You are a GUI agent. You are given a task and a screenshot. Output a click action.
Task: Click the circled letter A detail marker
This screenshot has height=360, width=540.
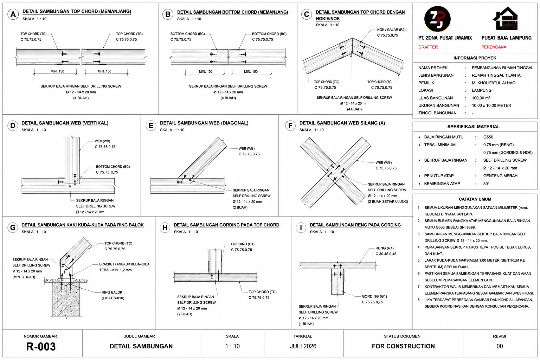[x=13, y=14]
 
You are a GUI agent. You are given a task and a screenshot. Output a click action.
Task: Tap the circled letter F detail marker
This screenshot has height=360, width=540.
[x=290, y=126]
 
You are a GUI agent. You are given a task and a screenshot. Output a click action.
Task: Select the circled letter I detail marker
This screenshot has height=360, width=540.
[x=301, y=227]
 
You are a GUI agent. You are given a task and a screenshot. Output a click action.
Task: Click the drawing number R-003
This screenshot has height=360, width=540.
[x=41, y=347]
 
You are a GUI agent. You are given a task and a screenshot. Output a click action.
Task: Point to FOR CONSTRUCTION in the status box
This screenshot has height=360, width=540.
[x=403, y=346]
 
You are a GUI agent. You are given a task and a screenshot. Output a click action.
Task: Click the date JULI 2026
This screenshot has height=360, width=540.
[x=303, y=346]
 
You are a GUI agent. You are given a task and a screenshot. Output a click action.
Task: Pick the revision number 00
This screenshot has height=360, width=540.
[x=500, y=346]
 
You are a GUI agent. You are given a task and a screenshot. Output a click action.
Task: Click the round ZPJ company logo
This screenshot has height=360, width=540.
[x=437, y=19]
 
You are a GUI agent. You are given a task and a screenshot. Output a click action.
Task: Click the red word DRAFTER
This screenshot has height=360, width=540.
[x=428, y=47]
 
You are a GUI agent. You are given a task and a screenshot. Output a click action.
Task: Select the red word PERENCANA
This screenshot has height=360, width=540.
[x=494, y=47]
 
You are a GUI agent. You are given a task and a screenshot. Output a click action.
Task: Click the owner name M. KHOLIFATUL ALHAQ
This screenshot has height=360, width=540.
[x=494, y=83]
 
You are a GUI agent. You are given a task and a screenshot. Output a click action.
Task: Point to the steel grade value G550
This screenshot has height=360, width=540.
[x=488, y=137]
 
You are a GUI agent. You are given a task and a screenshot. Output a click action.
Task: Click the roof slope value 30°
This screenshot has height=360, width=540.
[x=486, y=184]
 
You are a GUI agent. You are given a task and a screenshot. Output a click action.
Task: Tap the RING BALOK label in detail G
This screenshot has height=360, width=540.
[x=112, y=292]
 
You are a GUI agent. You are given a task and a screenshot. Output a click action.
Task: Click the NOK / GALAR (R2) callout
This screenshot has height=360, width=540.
[x=391, y=30]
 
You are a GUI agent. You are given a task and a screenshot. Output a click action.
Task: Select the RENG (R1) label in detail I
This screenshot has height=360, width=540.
[x=385, y=248]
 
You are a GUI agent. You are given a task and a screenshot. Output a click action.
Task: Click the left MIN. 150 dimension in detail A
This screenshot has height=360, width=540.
[x=57, y=71]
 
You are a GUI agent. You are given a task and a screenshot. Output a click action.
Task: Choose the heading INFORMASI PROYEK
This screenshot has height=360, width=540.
[x=475, y=58]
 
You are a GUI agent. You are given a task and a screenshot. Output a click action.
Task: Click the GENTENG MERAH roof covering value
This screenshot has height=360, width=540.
[x=500, y=176]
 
